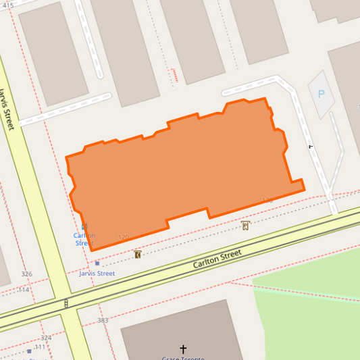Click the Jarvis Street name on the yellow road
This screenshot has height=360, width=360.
(7, 109)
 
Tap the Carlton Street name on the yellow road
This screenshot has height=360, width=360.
(217, 259)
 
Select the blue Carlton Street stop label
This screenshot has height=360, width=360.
(84, 239)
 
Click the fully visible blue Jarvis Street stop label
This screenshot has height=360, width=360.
(97, 274)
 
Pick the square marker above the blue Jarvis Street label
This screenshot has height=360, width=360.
(97, 263)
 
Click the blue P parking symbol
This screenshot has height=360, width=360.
(321, 95)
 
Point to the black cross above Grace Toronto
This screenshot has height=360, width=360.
(183, 349)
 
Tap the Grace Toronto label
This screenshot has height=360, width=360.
(183, 358)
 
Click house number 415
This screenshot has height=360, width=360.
(8, 5)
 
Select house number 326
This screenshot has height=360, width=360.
(26, 274)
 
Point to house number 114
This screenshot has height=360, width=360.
(24, 290)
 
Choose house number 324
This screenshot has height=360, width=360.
(45, 337)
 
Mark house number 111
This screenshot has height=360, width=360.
(41, 347)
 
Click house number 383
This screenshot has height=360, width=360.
(103, 320)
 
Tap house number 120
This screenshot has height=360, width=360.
(123, 237)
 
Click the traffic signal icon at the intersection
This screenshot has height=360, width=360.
(66, 304)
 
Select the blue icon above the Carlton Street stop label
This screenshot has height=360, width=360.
(84, 227)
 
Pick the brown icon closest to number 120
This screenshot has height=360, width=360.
(138, 255)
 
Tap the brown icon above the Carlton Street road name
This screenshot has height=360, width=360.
(245, 225)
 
